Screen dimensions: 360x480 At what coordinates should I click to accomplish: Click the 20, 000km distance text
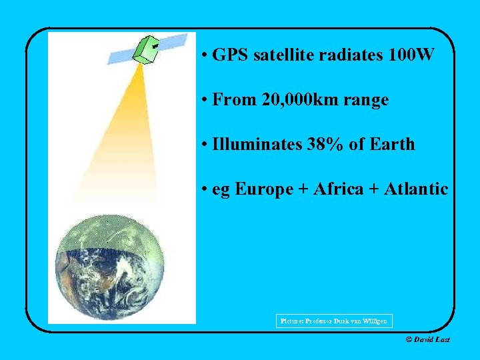299,100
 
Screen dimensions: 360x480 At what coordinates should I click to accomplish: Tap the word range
365,100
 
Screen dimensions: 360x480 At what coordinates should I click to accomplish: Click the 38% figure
327,144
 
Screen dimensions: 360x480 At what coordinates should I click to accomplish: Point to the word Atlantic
415,189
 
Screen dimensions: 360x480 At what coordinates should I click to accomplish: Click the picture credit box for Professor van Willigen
334,321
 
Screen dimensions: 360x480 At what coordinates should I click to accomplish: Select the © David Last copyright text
427,340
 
